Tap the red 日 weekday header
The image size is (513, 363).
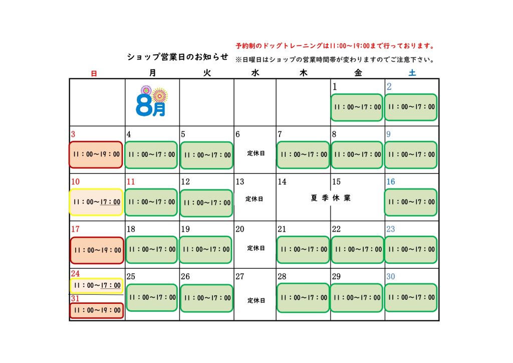tap(94, 74)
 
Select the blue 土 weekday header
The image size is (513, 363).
tap(412, 73)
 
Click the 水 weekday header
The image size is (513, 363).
tap(255, 73)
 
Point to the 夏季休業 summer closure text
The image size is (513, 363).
tap(331, 198)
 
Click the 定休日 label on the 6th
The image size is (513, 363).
tap(256, 153)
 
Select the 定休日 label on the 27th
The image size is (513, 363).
tap(256, 300)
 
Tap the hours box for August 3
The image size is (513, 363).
tap(96, 154)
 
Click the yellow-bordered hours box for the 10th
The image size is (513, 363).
tap(96, 202)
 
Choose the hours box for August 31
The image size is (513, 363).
tap(97, 310)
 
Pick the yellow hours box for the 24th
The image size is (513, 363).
tap(97, 286)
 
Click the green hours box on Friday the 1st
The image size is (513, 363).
tap(357, 107)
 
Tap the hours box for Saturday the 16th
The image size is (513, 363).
tap(411, 202)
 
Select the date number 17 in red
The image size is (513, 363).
tap(75, 229)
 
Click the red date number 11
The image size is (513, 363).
tap(131, 181)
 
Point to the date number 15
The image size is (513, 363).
tap(336, 181)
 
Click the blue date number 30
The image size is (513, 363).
tap(391, 277)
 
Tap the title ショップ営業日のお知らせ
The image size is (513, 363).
tap(178, 57)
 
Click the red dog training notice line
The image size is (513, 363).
tap(335, 46)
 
